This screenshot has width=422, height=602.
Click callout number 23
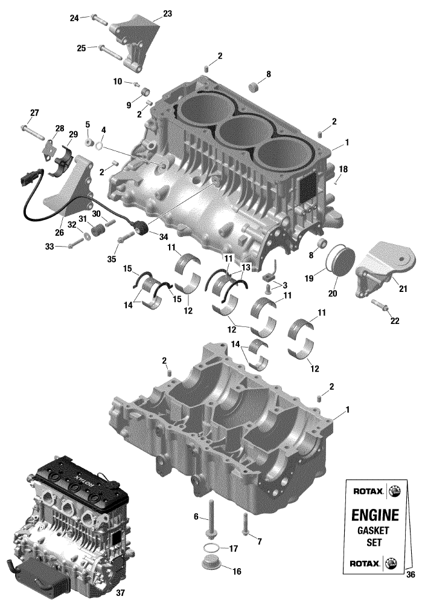167,14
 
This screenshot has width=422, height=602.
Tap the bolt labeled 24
99,19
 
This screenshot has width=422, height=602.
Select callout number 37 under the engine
120,593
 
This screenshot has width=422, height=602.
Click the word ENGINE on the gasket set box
375,514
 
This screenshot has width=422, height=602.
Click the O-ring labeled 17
209,547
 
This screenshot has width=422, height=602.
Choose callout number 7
260,542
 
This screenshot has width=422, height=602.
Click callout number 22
394,320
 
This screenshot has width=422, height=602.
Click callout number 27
34,113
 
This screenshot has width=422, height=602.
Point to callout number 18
344,169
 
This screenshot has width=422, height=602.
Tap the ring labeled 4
99,146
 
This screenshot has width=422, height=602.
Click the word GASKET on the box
373,531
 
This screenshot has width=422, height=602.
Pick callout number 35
111,259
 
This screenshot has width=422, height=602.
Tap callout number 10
117,82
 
